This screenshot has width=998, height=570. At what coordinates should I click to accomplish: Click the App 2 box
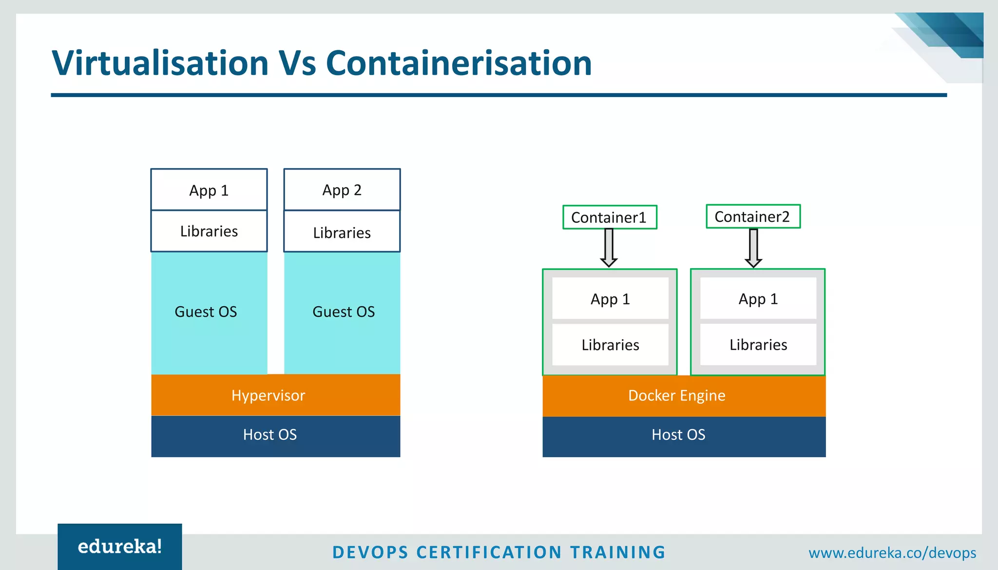coord(342,190)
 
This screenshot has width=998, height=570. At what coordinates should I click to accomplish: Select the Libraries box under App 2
coord(342,232)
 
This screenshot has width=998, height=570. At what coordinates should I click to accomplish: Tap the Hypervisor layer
coord(275,395)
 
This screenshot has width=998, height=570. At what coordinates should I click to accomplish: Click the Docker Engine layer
coord(684,395)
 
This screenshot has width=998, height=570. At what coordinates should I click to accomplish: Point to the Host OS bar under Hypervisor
coord(275,435)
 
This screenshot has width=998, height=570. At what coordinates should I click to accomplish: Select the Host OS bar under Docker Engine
coord(684,435)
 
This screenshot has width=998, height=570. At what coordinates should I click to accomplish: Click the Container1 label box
coord(609,217)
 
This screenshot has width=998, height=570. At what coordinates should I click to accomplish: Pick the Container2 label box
coord(753,216)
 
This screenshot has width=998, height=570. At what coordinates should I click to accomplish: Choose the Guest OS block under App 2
coord(342,313)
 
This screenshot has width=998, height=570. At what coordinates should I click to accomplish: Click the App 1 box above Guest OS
coord(209,190)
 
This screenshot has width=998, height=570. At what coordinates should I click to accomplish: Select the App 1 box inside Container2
coord(758,298)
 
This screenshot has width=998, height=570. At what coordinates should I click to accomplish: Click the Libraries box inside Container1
coord(610,345)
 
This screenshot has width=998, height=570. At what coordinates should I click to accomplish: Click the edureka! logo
coord(120,547)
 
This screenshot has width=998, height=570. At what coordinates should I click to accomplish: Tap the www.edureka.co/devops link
coord(892,553)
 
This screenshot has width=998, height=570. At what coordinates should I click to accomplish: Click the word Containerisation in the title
coord(459,63)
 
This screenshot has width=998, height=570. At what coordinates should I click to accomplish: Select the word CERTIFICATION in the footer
coord(489,552)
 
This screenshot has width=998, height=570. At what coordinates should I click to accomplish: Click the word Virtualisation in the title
coord(160,63)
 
